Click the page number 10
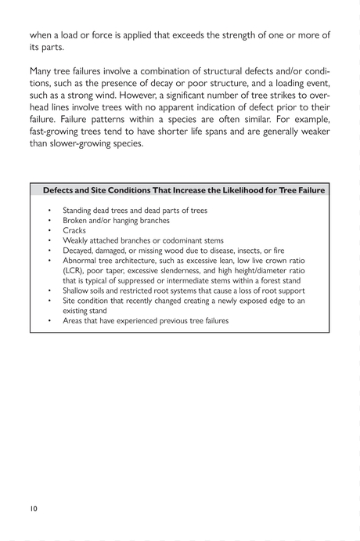(34, 508)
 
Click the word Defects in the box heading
(60, 190)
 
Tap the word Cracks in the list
(74, 231)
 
